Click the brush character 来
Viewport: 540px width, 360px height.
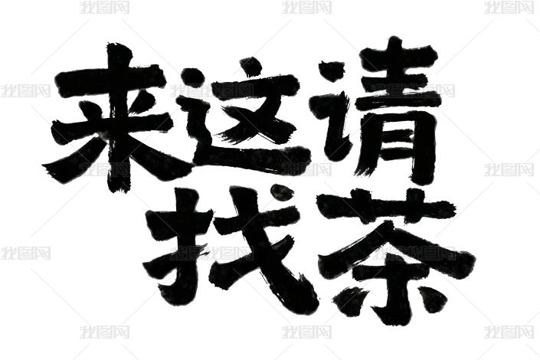click(107, 115)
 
